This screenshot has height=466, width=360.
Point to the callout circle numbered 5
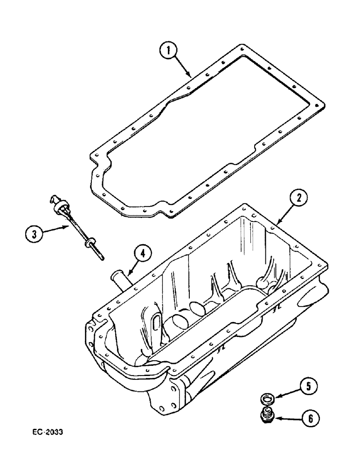point(308,385)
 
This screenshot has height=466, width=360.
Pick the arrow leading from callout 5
point(287,391)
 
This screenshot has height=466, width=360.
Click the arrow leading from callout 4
point(133,269)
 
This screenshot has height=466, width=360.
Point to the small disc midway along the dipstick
point(88,243)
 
